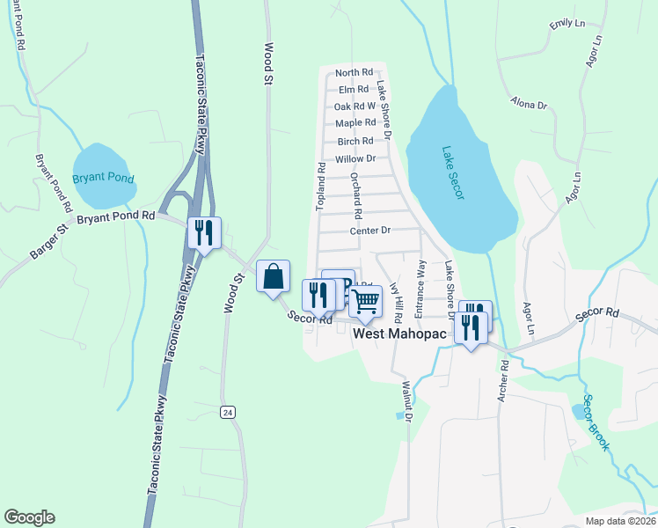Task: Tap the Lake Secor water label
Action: pos(453,172)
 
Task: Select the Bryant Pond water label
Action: pos(104,178)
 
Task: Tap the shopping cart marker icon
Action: pos(365,301)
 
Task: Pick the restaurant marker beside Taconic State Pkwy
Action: pos(204,233)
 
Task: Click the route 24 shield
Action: pos(228,412)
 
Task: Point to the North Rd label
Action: pos(355,72)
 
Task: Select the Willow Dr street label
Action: pos(355,158)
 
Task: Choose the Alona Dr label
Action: pos(529,104)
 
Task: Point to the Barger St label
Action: pos(49,242)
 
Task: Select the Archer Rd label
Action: pos(502,394)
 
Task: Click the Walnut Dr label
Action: pos(406,402)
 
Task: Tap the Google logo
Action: pos(29,517)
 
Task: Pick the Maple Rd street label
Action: pos(355,122)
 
